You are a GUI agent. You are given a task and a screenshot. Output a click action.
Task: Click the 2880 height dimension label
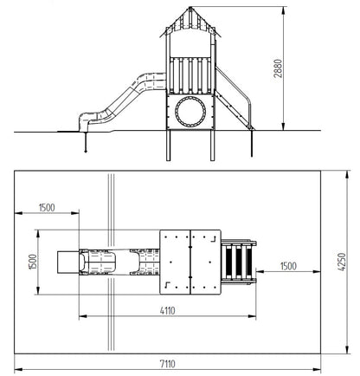coord(278,68)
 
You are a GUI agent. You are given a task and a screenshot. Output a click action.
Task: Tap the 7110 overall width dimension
coord(168,364)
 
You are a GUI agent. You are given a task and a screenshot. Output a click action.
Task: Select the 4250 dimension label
coord(341,262)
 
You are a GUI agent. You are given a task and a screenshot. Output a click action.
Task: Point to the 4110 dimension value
coord(168,311)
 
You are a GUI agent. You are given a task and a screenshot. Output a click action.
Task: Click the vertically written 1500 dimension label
coord(33,262)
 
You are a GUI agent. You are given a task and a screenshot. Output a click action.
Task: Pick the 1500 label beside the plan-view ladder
coord(288,266)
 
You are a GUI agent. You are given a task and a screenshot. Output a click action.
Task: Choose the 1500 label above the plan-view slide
coord(47,207)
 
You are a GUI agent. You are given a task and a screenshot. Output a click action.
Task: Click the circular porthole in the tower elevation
coord(190,112)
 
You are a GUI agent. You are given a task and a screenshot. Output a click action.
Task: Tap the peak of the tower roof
coord(190,7)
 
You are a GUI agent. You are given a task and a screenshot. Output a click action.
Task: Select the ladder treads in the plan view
coord(238,263)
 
